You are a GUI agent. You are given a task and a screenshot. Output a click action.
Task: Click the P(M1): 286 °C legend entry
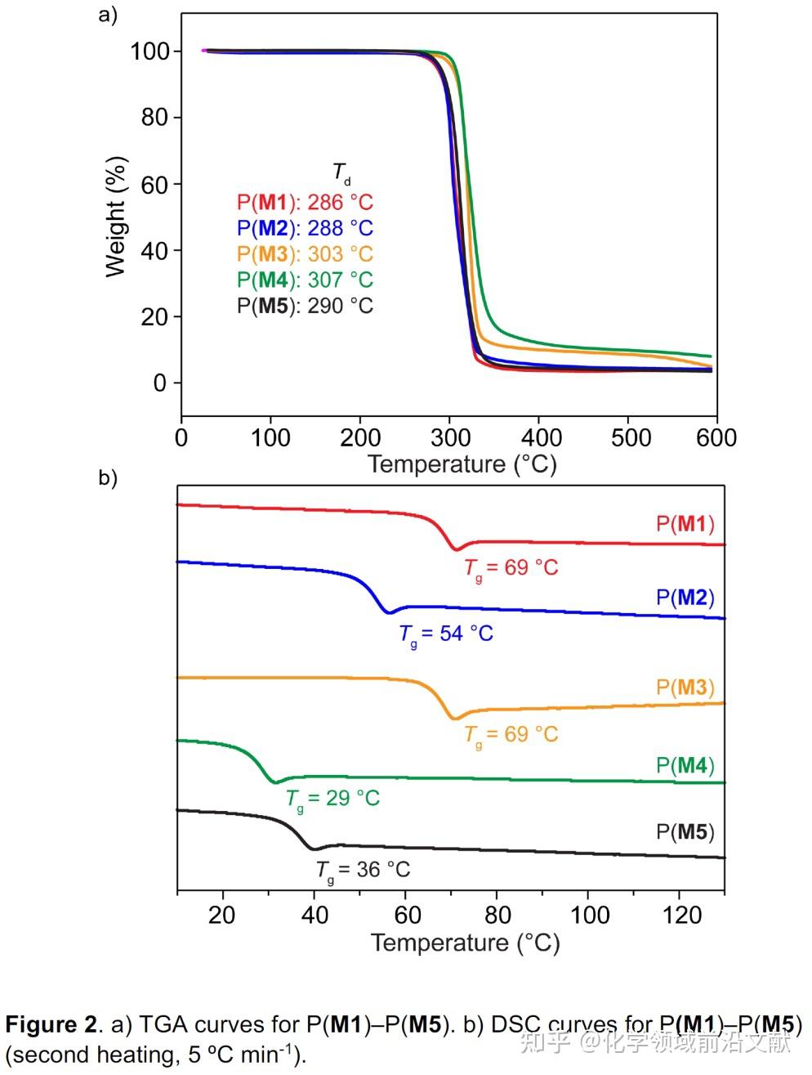coord(304,202)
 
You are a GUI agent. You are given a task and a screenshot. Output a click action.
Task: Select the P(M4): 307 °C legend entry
coord(304,280)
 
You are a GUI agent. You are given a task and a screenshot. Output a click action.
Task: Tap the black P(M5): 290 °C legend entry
coord(304,306)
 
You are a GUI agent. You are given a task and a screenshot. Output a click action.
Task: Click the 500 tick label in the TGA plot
coord(631,438)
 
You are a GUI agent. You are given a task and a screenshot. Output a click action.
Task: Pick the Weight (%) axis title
coord(117,217)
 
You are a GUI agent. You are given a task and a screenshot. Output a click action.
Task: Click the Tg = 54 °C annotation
coord(446,634)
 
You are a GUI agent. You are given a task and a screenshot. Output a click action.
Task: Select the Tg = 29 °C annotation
coord(332,799)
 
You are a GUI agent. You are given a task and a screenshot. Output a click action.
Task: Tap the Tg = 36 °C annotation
coord(363,870)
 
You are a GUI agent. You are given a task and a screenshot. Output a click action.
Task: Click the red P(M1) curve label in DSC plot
coord(685,523)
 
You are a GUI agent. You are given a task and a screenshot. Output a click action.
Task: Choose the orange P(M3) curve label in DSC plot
coord(685,688)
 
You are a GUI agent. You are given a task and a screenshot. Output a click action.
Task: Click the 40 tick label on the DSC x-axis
coord(314,915)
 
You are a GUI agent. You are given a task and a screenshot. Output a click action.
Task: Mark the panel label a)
coord(108,16)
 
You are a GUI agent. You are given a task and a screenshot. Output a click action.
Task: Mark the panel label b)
coord(108,477)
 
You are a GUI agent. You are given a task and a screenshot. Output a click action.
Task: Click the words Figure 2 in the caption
coord(51,1024)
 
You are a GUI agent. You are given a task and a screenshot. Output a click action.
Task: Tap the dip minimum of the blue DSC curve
coord(390,612)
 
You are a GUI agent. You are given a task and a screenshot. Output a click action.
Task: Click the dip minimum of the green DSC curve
coord(275,782)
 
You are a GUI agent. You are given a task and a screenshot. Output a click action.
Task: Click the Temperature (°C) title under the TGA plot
coord(462,464)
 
